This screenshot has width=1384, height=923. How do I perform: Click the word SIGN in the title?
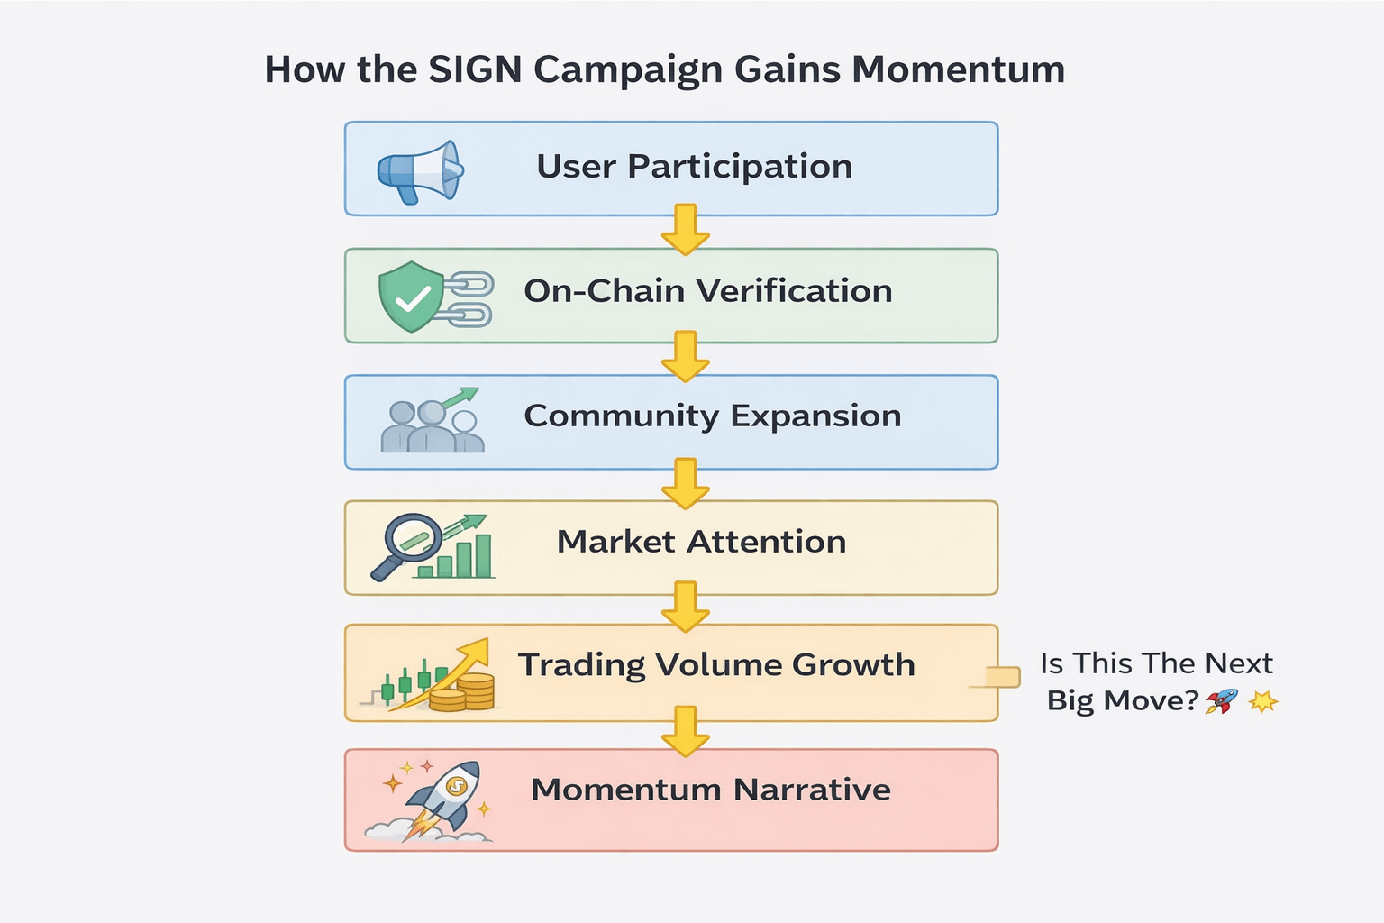475,69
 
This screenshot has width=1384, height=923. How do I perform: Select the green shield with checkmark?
411,297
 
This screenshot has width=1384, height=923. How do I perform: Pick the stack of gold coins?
463,693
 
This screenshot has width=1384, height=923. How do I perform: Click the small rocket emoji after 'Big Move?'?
1222,700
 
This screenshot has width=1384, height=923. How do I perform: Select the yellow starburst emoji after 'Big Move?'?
1263,700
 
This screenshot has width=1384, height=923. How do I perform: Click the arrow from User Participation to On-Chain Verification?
685,230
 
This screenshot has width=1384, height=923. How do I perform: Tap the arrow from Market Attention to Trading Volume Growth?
685,608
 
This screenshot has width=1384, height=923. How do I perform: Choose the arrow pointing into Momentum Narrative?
685,732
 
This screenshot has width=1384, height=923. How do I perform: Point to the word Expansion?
815,416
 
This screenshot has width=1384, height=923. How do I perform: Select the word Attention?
766,542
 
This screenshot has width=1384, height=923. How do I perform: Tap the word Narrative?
812,790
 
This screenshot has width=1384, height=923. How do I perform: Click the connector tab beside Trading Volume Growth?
1003,677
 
